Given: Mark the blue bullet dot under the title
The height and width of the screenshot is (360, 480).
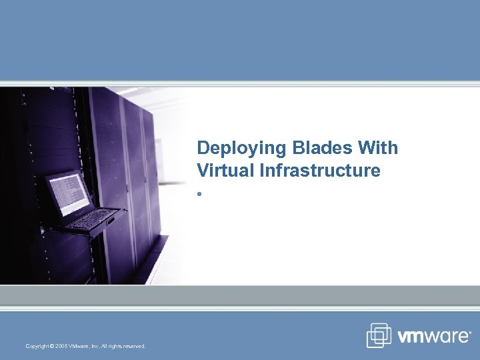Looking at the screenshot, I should pos(199,195).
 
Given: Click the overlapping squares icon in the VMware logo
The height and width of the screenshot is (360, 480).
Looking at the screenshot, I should pos(379,335).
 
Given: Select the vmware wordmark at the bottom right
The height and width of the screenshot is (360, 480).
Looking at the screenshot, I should pos(434,337).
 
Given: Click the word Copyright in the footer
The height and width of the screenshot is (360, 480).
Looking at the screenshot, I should pos(37,346).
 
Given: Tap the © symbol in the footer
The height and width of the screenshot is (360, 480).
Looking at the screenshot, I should pos(52,346).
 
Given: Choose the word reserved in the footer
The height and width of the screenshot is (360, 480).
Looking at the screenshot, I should pos(133,346).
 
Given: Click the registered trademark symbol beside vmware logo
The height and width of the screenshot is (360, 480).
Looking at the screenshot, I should pos(469,331).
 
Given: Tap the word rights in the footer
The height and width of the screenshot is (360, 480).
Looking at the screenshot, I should pos(114,346).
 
